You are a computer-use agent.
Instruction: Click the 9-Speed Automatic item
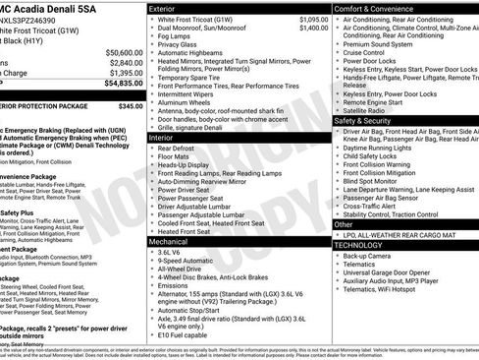click(191, 261)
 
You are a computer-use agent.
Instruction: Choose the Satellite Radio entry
click(369, 111)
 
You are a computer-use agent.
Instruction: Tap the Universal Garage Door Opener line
click(394, 272)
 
